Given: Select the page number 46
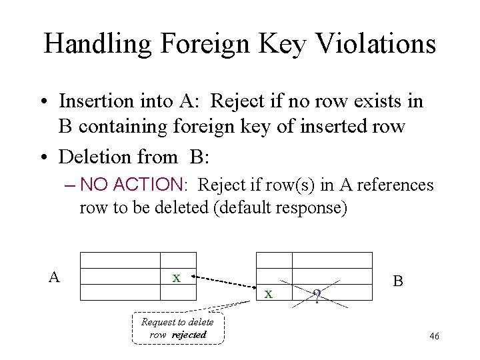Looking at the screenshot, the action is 434,337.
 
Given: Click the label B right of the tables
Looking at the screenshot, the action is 397,281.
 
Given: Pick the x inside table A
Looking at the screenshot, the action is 176,277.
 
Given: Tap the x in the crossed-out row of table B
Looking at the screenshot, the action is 268,293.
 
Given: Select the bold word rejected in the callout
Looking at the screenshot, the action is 189,335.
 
